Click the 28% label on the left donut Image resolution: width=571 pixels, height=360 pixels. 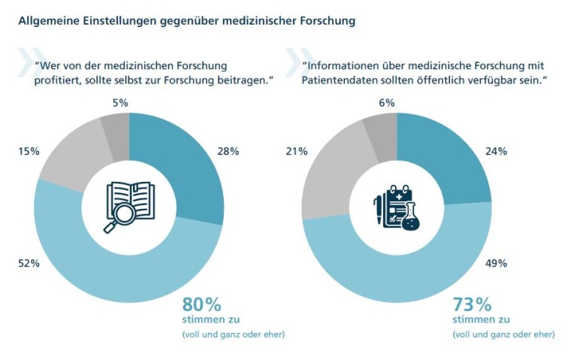tap(228, 151)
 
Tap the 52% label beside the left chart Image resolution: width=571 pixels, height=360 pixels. tap(29, 263)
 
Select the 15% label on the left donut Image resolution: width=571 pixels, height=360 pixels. tap(29, 151)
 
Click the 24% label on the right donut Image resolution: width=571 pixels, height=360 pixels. tap(496, 151)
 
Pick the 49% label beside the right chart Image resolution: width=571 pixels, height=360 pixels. tap(496, 263)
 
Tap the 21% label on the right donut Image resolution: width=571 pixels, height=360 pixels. tap(297, 151)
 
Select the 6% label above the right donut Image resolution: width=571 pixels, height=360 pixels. tap(387, 102)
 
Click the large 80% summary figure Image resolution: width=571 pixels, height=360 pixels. tap(201, 304)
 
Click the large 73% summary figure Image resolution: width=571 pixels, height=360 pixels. tap(472, 304)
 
